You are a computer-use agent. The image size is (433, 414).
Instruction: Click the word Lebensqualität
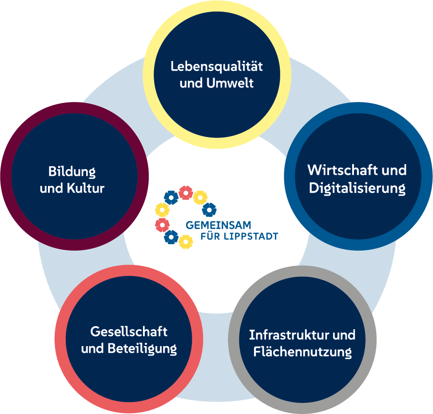(217, 67)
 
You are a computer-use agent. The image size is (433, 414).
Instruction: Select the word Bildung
(72, 171)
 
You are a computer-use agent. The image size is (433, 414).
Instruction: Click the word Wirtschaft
(339, 170)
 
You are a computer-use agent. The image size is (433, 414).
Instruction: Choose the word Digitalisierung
(357, 188)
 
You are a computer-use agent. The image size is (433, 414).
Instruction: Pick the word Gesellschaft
(129, 331)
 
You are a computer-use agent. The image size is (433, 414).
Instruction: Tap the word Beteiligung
(142, 349)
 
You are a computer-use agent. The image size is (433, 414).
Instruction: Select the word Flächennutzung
(302, 352)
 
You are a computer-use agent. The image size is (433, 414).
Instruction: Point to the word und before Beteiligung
(93, 349)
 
